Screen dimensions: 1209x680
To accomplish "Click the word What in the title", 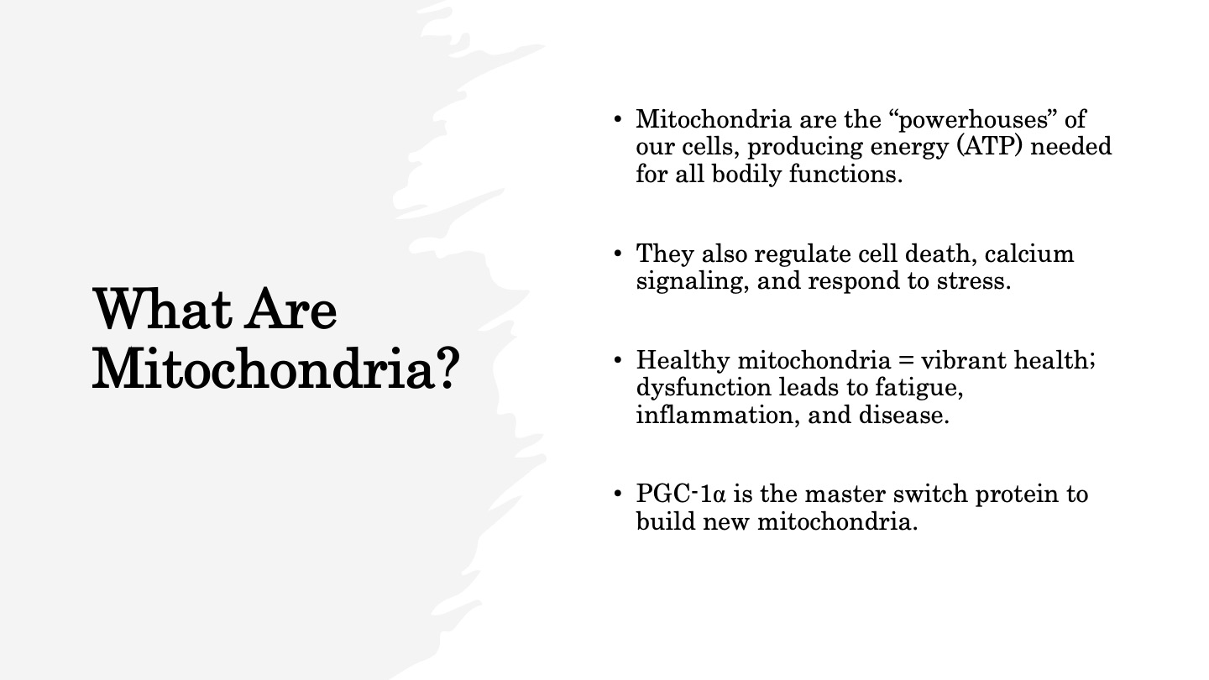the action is [x=162, y=309].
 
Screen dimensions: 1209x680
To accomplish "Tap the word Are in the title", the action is [x=290, y=309].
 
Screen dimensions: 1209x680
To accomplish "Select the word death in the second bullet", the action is [x=940, y=254].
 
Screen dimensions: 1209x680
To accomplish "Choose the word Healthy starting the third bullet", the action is [x=683, y=361].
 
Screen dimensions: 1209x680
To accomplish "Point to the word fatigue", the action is [x=919, y=389].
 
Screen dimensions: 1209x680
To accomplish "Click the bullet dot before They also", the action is [x=618, y=254].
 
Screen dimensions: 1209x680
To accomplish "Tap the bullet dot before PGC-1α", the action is [x=618, y=494].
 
